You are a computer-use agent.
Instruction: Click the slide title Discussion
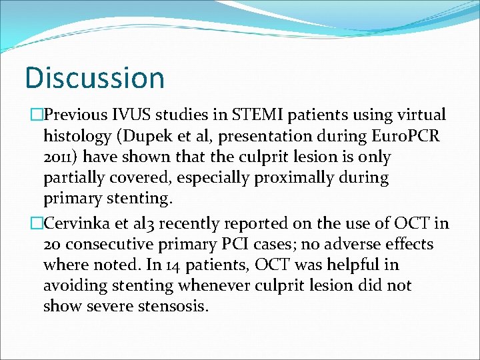pos(94,77)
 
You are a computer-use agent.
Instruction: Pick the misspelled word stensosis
pos(173,307)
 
